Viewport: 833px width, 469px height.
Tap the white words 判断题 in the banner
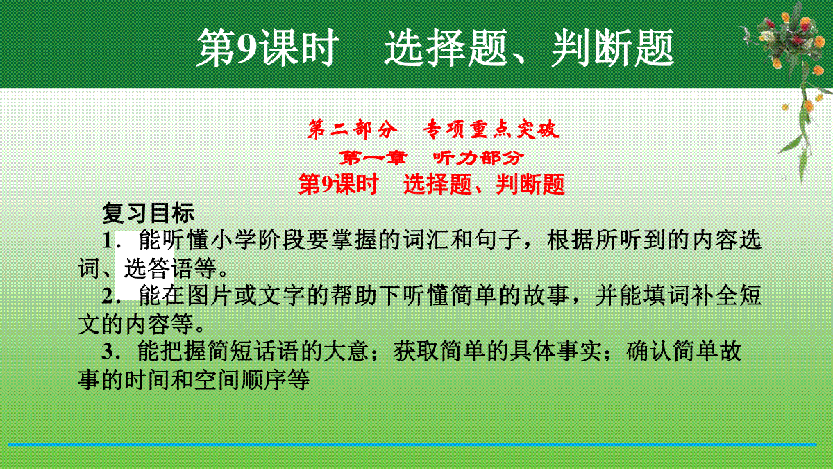coord(613,49)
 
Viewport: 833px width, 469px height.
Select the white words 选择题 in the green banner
coord(446,49)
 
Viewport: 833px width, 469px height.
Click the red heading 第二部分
coord(352,129)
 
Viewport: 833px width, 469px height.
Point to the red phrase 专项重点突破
coord(491,129)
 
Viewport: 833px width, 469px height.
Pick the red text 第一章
coord(373,158)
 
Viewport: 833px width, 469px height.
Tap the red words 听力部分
coord(478,158)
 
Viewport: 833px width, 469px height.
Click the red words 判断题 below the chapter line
coord(530,184)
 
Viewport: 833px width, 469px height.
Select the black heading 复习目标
coord(148,213)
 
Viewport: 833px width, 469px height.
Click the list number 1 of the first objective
coord(108,241)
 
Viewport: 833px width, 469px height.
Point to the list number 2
coord(108,296)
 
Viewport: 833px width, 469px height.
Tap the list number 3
coord(108,352)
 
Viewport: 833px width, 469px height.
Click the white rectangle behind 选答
coord(144,265)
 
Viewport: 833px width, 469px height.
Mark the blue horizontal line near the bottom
coord(412,445)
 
